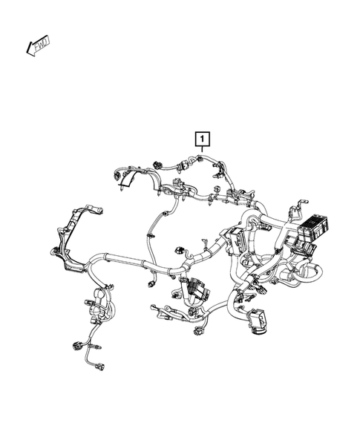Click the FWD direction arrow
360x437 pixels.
(37, 46)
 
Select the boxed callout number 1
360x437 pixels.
(201, 138)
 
